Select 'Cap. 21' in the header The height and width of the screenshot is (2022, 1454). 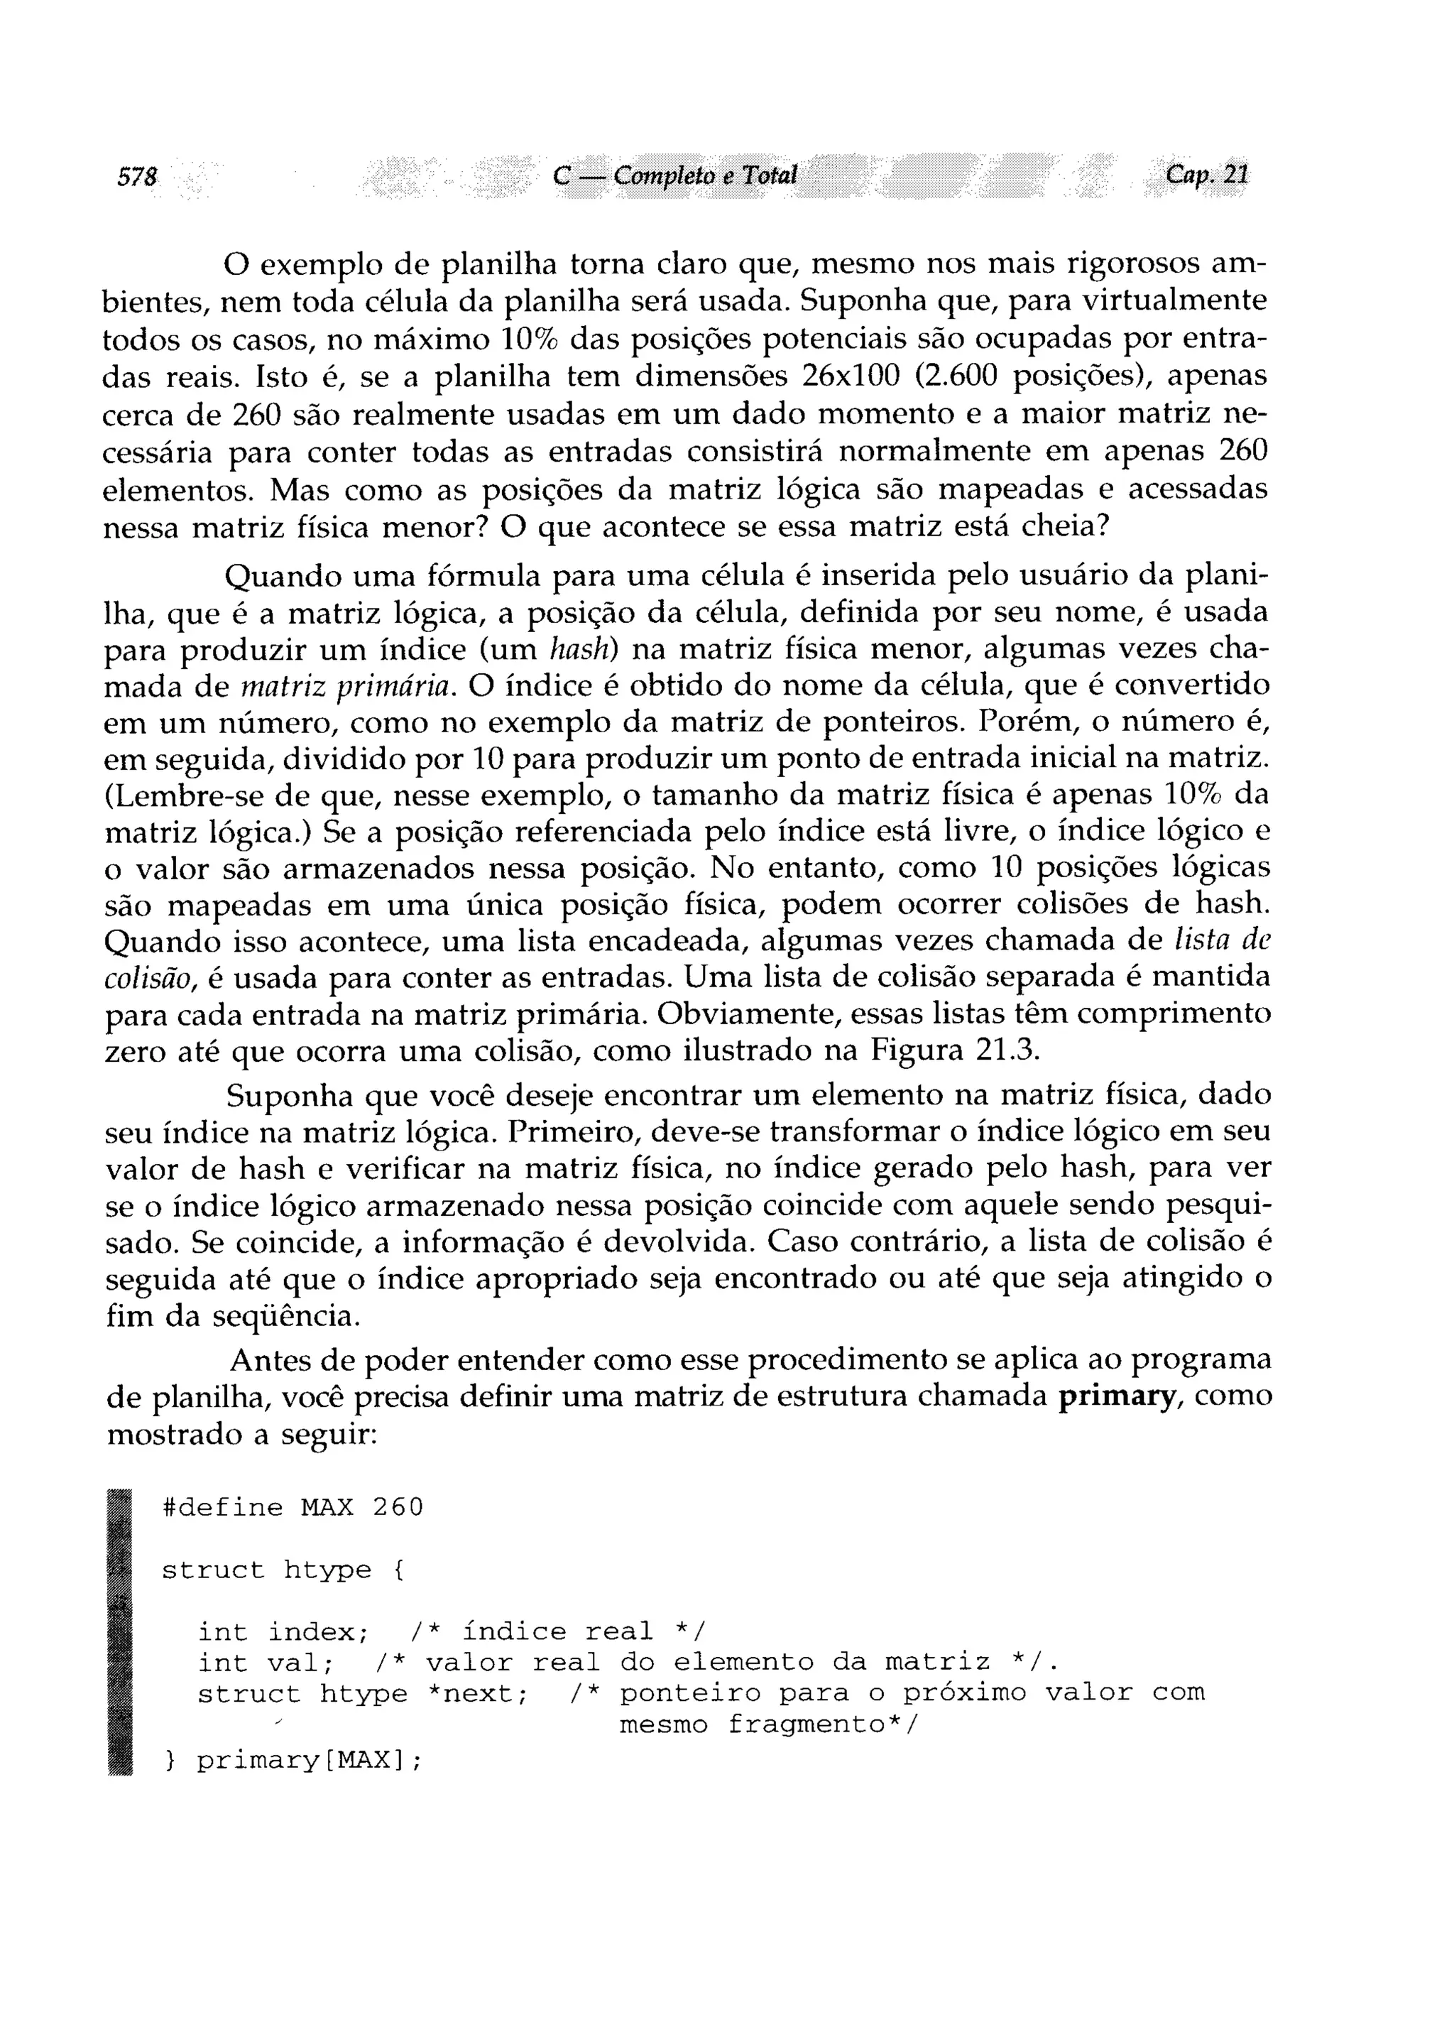pos(1207,174)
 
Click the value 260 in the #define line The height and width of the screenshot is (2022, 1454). pos(398,1508)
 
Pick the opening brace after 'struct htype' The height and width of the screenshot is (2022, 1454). pos(398,1570)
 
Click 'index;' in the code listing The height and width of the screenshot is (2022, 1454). pos(318,1632)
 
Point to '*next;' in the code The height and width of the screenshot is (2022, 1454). pos(479,1693)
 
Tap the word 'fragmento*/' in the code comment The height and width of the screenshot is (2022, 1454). pos(822,1725)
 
